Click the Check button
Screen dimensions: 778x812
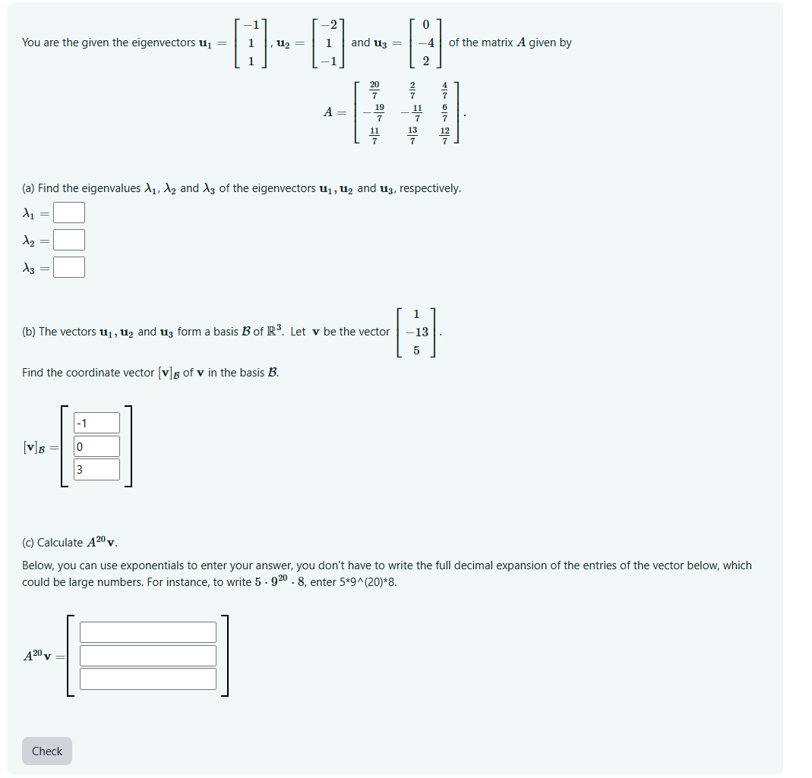pos(47,751)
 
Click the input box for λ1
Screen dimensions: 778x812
pos(68,213)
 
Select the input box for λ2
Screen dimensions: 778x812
pos(68,240)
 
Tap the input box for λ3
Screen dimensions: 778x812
pos(68,267)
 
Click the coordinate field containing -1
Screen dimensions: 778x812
pos(97,423)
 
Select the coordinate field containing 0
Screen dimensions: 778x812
pos(97,446)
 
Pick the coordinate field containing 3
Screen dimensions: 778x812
pos(97,469)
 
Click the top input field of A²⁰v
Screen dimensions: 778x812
pos(148,632)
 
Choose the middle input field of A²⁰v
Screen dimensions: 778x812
pos(148,656)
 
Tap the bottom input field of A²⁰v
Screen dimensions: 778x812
pos(148,679)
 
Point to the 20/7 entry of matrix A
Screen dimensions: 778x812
pos(374,90)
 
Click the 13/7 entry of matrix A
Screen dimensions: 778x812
pos(412,136)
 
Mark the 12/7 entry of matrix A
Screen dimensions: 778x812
pos(445,136)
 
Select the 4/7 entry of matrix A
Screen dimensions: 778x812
pos(445,90)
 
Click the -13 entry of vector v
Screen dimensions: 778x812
pos(416,332)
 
